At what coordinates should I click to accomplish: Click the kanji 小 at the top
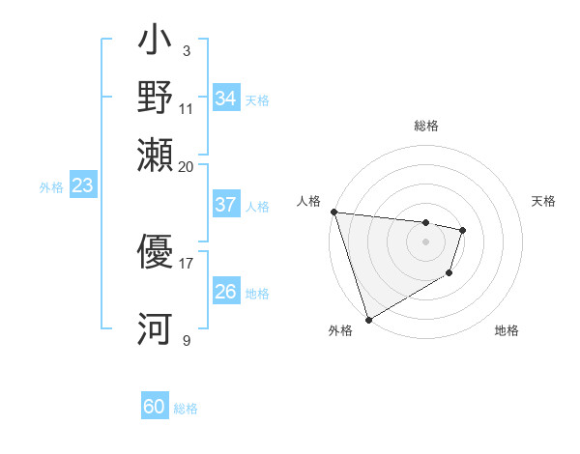[155, 43]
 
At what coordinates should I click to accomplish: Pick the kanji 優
[155, 252]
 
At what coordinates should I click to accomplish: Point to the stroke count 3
[186, 50]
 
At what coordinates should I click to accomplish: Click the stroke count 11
[186, 108]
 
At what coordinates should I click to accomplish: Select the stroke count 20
[186, 166]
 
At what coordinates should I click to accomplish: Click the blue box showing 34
[226, 99]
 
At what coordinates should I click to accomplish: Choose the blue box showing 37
[226, 205]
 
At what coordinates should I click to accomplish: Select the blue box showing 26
[226, 292]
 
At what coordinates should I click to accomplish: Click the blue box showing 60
[155, 408]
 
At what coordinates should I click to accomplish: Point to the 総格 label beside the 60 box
[186, 409]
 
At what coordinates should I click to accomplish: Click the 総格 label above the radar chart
[425, 126]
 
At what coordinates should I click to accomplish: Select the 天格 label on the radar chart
[543, 201]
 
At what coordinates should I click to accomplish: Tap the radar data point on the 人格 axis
[333, 212]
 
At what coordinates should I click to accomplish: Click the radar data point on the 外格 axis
[368, 320]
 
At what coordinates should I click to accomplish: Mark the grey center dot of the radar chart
[425, 241]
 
